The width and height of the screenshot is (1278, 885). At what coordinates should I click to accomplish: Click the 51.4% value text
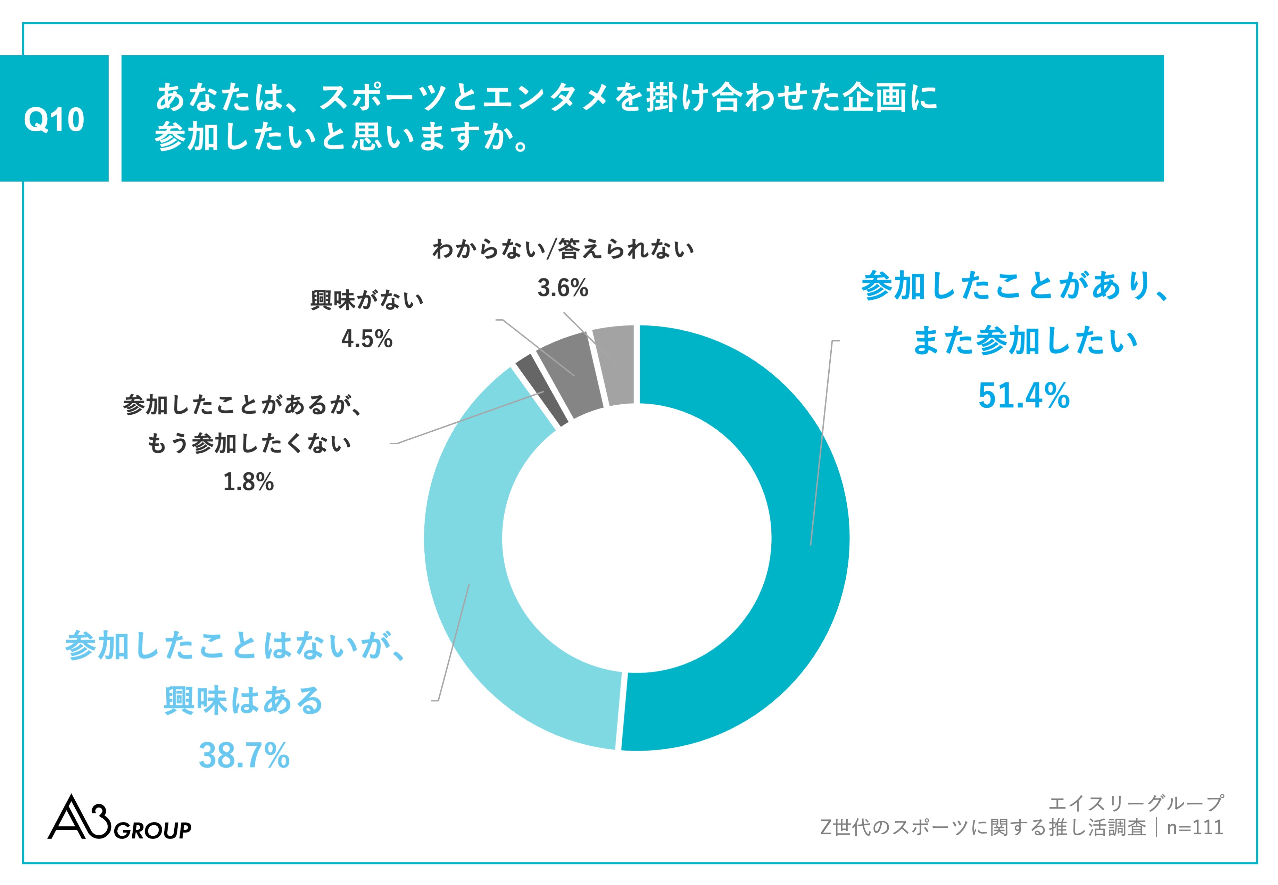point(1023,396)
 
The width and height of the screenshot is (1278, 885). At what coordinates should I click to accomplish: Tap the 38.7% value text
point(244,755)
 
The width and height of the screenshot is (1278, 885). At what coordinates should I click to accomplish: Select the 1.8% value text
point(248,482)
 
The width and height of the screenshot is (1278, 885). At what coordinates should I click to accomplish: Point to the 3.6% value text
point(562,287)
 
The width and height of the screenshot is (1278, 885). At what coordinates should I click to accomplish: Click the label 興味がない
point(366,300)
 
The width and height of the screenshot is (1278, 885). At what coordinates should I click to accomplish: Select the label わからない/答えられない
point(562,249)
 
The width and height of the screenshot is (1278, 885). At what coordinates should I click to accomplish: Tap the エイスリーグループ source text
point(1136,803)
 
